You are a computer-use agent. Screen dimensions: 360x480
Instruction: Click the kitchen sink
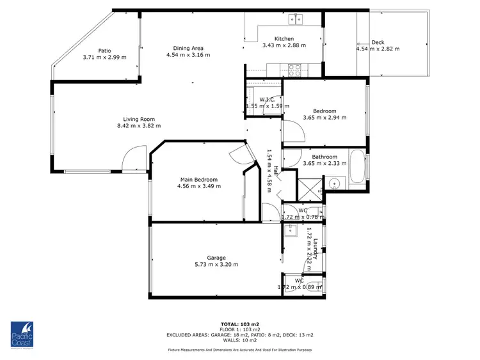click(x=296, y=20)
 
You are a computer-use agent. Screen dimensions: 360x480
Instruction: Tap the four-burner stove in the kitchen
click(x=295, y=67)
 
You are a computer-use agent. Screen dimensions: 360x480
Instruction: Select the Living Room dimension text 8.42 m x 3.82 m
click(x=135, y=126)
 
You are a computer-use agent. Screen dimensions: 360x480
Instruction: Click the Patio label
click(x=104, y=51)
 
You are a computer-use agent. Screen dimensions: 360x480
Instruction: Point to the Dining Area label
click(x=188, y=48)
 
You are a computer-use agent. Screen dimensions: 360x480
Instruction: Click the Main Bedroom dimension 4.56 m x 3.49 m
click(x=199, y=187)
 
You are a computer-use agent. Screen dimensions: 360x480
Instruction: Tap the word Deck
click(x=378, y=43)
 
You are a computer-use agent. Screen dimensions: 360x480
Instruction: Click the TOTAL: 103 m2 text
click(x=239, y=324)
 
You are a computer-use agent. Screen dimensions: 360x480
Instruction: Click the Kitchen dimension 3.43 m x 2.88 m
click(x=284, y=45)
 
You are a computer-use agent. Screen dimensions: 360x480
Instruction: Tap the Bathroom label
click(x=324, y=157)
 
